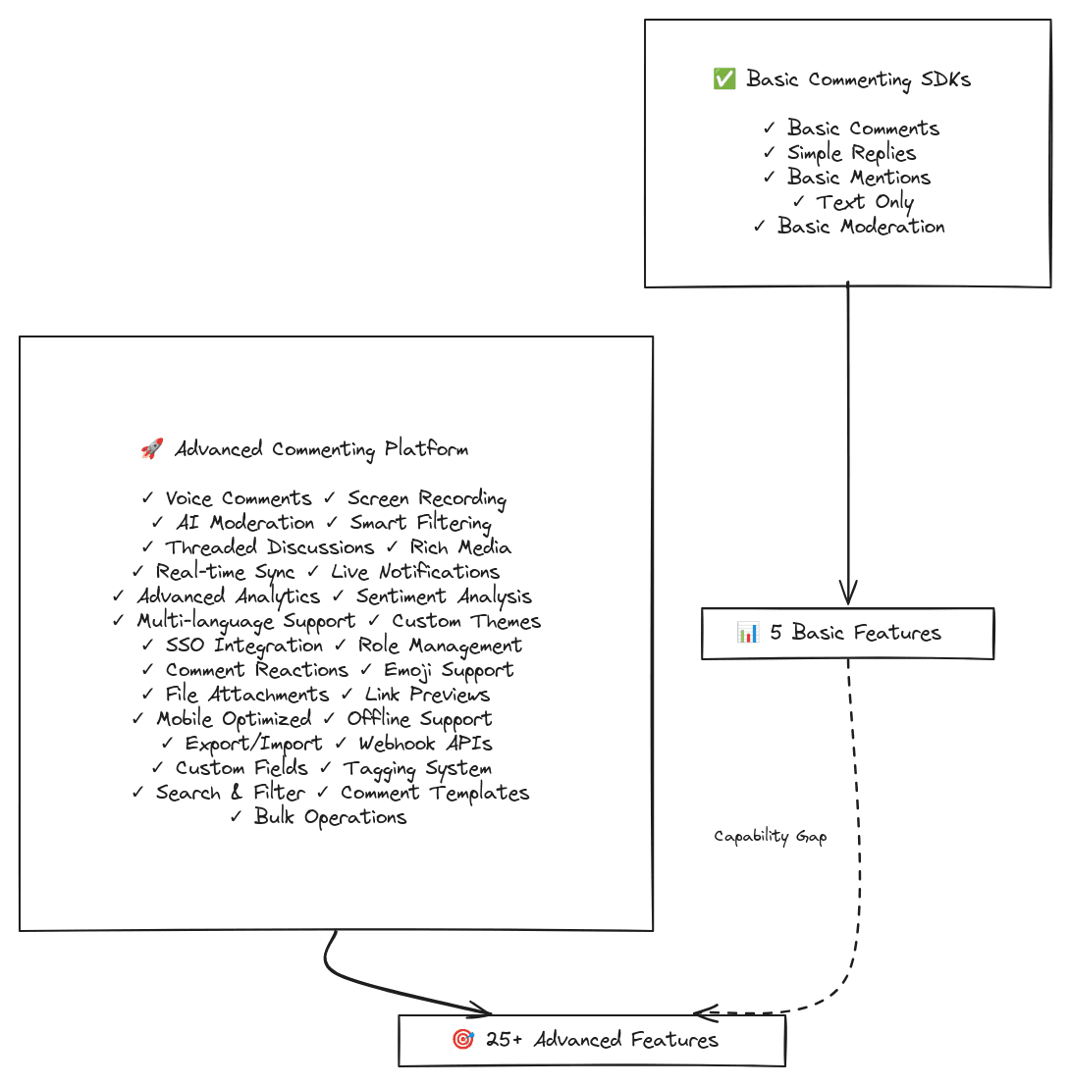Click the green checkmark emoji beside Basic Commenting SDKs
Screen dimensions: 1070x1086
724,78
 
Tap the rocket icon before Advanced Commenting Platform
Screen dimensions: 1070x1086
152,448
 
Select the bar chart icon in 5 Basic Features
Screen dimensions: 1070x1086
748,632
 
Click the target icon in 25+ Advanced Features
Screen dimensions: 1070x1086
463,1039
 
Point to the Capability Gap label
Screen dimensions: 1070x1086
770,837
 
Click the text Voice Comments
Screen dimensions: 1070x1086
239,498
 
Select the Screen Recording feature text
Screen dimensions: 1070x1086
427,498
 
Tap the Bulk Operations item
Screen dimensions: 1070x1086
330,817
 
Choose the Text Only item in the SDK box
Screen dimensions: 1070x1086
864,202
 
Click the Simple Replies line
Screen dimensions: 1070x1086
852,153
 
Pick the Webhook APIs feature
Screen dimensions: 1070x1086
425,744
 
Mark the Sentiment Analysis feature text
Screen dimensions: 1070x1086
444,596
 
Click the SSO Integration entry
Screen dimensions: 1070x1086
243,646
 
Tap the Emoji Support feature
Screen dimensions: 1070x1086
449,670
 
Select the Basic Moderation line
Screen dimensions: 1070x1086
861,226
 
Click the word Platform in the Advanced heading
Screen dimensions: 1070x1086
426,448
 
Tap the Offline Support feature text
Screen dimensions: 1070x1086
419,719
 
